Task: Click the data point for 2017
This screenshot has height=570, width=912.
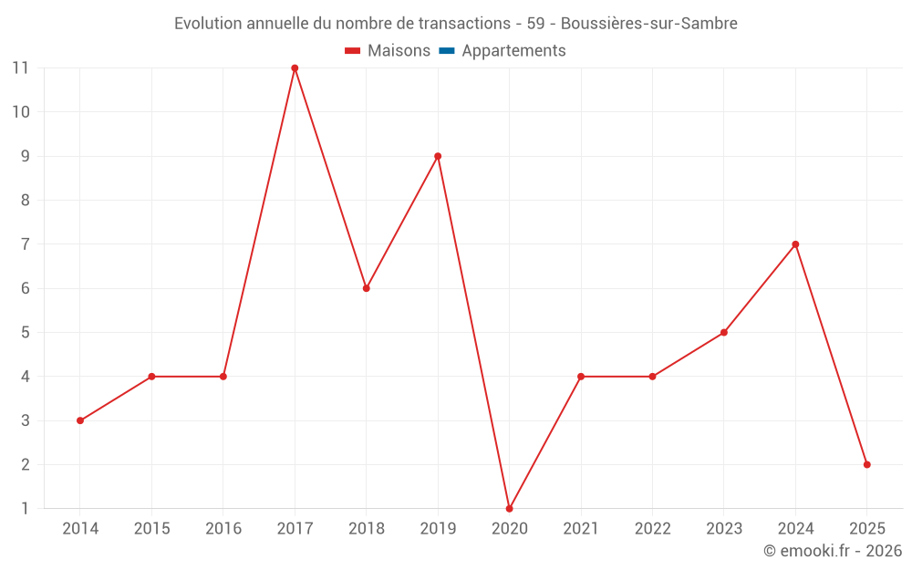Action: click(295, 68)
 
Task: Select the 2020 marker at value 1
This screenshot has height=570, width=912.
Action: click(509, 508)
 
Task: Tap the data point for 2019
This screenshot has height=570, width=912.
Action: click(438, 156)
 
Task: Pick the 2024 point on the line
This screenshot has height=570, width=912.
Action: click(795, 244)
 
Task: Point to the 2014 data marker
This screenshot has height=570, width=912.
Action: click(80, 420)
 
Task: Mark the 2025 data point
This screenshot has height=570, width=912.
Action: click(866, 464)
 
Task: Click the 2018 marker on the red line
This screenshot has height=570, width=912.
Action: click(366, 288)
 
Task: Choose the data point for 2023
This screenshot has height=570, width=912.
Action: click(723, 332)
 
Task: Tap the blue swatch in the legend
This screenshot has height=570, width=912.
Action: click(446, 51)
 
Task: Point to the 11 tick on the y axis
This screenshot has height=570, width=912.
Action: click(20, 67)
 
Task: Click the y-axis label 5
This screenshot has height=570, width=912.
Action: click(26, 332)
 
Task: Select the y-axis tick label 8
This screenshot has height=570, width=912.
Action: click(26, 200)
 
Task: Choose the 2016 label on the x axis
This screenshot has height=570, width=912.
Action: click(223, 529)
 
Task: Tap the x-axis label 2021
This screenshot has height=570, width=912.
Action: click(581, 529)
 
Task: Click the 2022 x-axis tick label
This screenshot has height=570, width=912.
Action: click(652, 529)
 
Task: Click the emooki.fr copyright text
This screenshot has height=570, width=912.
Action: click(833, 551)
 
